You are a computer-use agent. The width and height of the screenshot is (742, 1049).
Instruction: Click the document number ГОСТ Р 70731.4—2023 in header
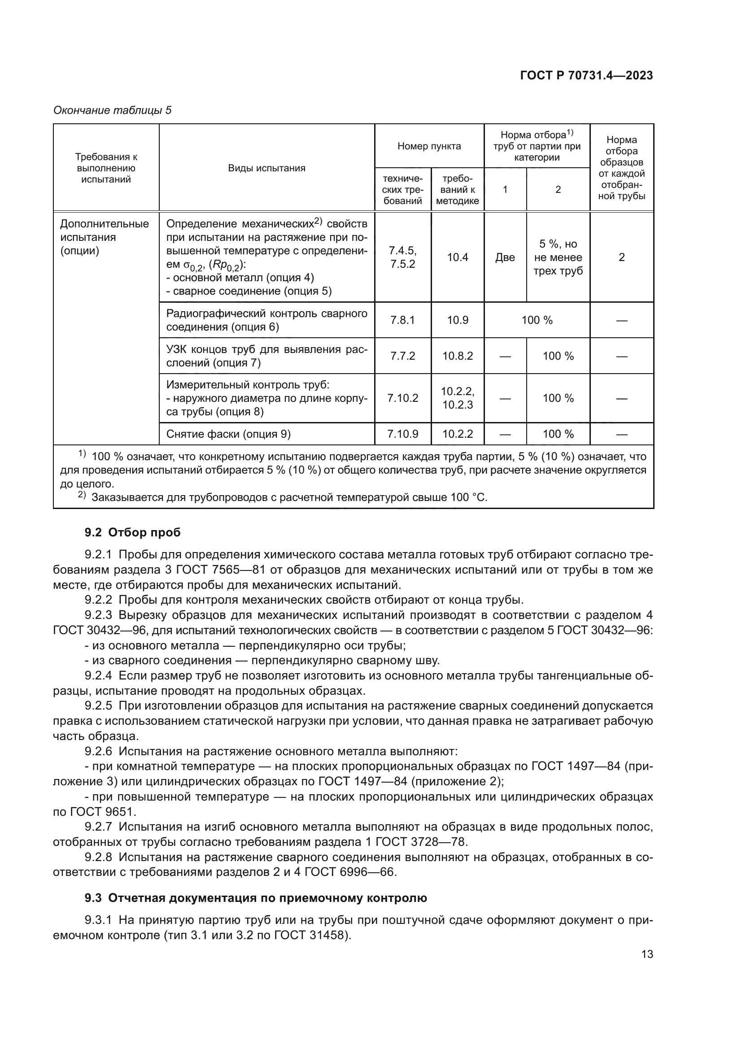pos(586,76)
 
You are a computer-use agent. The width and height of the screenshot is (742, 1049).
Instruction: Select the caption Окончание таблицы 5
pos(113,110)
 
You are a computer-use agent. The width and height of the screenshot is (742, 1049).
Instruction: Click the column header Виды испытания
pos(266,168)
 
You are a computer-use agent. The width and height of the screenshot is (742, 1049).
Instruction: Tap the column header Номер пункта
pos(429,146)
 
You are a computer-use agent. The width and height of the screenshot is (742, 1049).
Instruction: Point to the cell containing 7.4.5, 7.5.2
pos(402,257)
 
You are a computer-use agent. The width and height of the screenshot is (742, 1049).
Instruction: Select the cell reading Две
pos(505,257)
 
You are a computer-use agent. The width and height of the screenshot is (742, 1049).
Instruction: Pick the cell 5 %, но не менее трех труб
pos(558,257)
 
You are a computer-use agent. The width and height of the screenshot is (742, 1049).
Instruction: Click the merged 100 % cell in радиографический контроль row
pos(537,320)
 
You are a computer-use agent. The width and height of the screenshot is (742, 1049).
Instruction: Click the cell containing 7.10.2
pos(402,398)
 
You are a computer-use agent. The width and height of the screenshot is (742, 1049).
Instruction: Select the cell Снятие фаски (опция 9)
pos(228,434)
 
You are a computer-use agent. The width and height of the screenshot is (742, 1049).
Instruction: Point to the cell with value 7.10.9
pos(402,434)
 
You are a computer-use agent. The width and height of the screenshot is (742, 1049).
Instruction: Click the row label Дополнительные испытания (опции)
pos(105,237)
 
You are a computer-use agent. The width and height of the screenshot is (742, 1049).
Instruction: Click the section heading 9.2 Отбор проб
pos(132,532)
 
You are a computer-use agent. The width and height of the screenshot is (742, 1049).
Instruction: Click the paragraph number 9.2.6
pos(98,752)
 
